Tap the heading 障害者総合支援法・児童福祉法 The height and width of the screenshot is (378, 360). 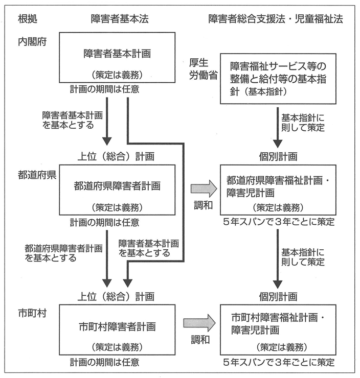pyautogui.click(x=276, y=19)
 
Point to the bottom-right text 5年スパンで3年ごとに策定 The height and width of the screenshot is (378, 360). pyautogui.click(x=279, y=363)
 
